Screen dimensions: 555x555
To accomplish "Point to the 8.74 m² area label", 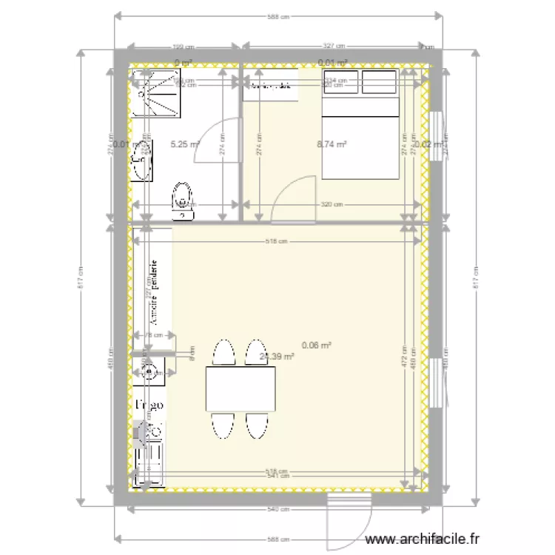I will click(332, 145).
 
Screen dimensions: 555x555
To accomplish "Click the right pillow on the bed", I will click(380, 84).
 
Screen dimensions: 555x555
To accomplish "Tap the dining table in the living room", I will click(242, 389).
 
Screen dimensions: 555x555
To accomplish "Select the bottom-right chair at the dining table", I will click(257, 425).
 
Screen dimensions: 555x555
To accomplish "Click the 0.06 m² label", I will click(316, 345).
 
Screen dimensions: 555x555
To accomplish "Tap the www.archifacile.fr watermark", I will click(423, 541).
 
